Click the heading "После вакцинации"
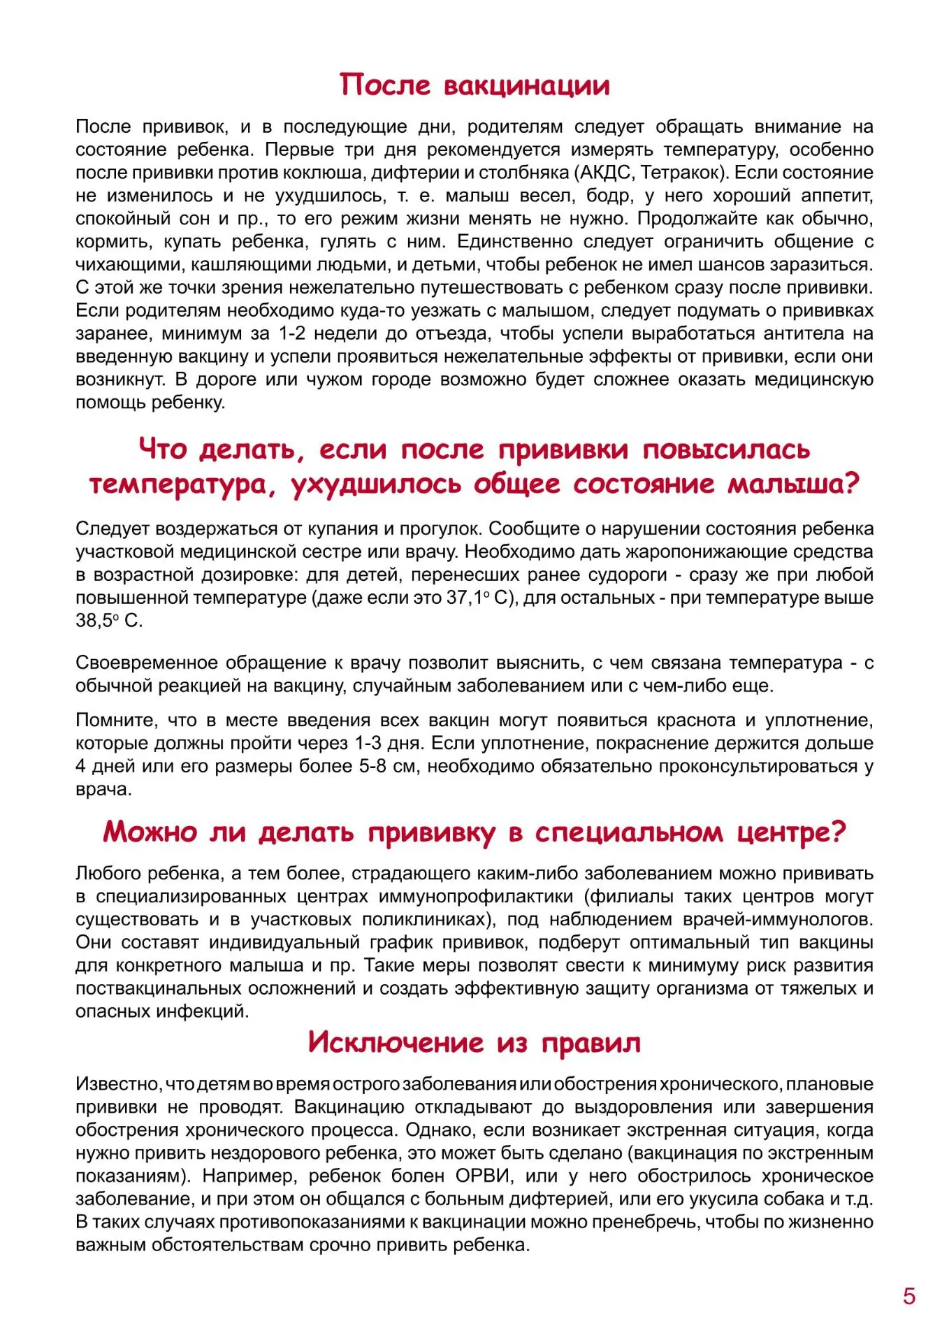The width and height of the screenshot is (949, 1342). point(474,85)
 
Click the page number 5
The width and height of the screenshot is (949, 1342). point(908,1296)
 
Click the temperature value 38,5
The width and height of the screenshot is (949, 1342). point(94,621)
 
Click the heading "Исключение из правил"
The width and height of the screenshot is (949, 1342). point(474,1042)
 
